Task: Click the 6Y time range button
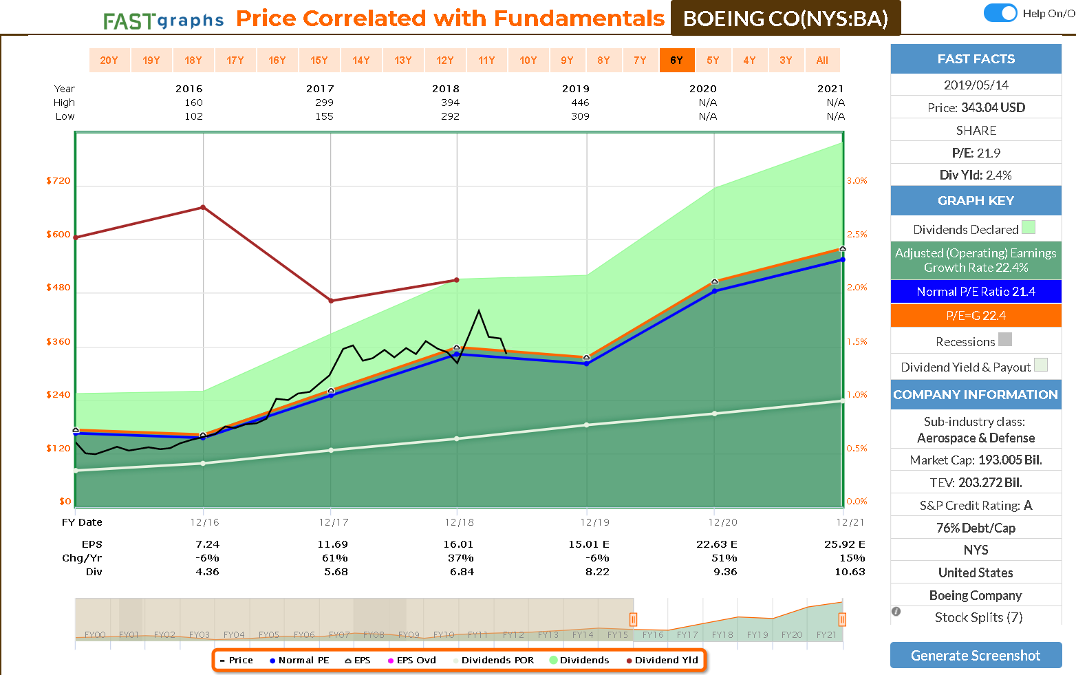coord(677,61)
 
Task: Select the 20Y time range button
coord(109,61)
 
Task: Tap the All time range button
coord(822,61)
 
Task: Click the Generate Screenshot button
coord(976,655)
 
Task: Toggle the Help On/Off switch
coord(1000,13)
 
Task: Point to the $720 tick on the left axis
coord(58,181)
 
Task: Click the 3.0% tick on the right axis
coord(857,181)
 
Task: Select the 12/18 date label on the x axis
coord(459,522)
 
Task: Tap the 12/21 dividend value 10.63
coord(850,572)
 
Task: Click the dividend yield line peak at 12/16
coord(203,207)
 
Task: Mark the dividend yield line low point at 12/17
coord(331,301)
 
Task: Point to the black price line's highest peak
coord(479,311)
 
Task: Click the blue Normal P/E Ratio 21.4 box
coord(976,292)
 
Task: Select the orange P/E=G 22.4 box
coord(976,316)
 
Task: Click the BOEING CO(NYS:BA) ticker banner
coord(785,19)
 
